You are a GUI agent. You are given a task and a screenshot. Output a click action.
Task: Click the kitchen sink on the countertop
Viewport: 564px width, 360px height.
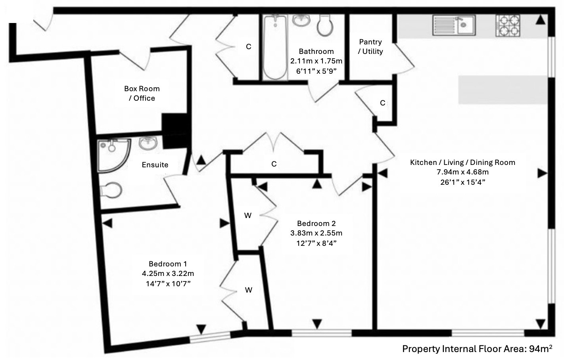454,25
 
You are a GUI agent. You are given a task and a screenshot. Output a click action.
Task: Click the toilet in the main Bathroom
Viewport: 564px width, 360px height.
325,26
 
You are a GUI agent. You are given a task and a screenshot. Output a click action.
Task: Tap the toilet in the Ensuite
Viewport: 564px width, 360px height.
111,191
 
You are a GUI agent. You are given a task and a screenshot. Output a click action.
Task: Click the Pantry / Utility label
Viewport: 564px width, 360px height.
370,46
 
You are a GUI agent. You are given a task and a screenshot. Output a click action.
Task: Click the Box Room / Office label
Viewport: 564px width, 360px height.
142,93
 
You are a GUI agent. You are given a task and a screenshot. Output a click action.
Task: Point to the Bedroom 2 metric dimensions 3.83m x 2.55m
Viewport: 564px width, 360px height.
316,233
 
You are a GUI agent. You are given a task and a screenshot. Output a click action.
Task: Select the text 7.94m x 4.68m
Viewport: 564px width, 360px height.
462,172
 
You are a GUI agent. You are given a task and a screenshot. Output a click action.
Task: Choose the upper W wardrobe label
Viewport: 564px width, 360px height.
248,216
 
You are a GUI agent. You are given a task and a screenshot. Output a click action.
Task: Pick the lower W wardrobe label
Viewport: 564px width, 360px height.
248,290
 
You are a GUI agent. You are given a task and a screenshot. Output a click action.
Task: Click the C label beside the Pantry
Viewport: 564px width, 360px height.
382,103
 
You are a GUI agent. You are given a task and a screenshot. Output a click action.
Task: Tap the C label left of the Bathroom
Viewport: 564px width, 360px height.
249,47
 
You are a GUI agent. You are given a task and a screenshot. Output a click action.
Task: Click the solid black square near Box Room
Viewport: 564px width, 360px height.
175,131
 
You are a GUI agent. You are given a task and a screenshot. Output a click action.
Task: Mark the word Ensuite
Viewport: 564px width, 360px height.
155,165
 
